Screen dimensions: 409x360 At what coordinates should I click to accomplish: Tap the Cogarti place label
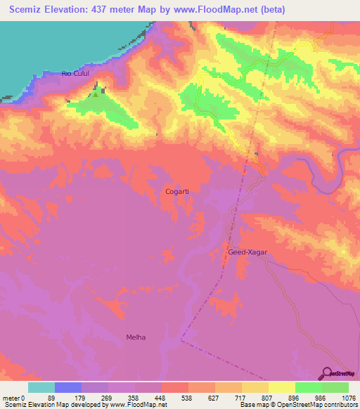[177, 191]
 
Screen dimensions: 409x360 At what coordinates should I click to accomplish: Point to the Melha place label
[136, 337]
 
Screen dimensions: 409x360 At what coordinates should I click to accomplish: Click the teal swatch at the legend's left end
[41, 387]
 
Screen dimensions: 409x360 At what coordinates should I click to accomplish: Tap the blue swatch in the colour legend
[68, 387]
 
